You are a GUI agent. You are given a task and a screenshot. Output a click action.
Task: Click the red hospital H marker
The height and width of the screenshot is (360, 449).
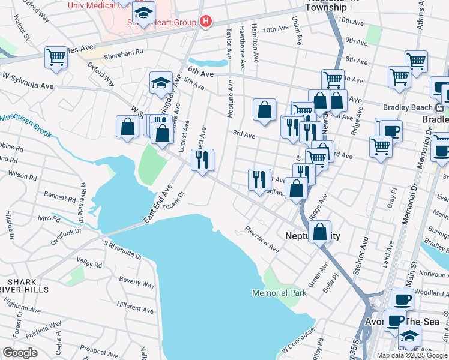pyautogui.click(x=206, y=23)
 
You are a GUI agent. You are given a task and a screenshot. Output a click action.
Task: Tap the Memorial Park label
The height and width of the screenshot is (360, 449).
pyautogui.click(x=279, y=293)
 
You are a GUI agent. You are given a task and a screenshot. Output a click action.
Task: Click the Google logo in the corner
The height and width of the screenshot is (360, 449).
pyautogui.click(x=20, y=353)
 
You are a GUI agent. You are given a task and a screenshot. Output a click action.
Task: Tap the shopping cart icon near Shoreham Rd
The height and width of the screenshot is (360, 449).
pyautogui.click(x=56, y=58)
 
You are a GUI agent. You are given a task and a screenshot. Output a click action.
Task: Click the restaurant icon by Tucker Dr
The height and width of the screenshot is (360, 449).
pyautogui.click(x=202, y=159)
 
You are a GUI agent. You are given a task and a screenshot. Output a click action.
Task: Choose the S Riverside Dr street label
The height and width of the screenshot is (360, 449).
pyautogui.click(x=122, y=249)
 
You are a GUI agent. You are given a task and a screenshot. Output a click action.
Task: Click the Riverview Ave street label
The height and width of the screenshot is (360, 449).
pyautogui.click(x=262, y=239)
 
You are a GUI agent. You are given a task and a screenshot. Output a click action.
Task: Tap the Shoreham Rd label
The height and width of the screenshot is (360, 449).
pyautogui.click(x=124, y=52)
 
